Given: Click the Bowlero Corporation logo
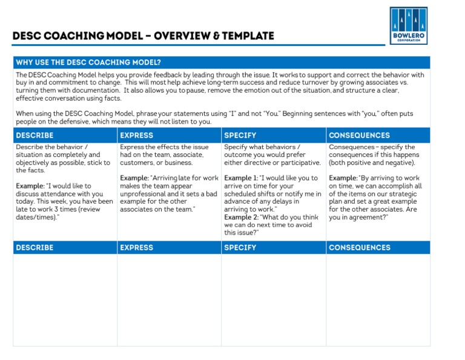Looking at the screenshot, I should tap(409, 25).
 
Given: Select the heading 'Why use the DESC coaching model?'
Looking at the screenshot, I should tap(88, 62).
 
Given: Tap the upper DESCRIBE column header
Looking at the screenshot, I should tap(35, 135).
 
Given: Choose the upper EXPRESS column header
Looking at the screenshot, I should tap(136, 135).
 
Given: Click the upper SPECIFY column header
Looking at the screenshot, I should tap(240, 135).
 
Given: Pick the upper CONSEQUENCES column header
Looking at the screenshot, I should tap(359, 135).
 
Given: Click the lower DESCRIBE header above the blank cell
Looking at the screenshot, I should tap(35, 247).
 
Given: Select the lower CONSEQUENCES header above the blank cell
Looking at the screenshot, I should tap(359, 247).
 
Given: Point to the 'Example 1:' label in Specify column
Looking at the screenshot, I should tap(240, 178).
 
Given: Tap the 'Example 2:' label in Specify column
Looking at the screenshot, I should tap(240, 217).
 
